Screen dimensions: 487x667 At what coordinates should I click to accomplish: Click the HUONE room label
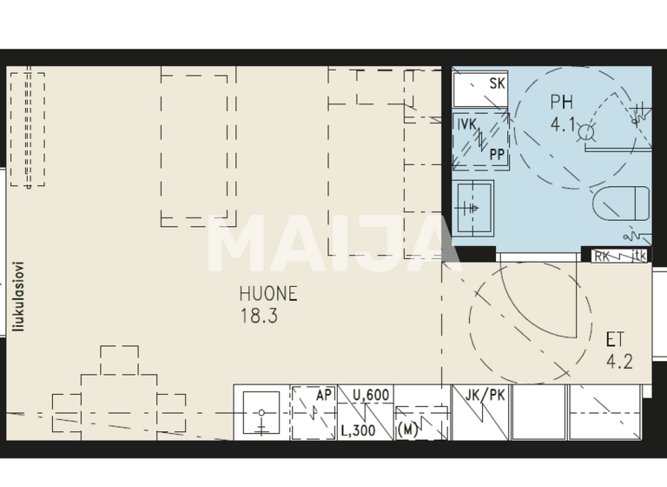tap(268, 294)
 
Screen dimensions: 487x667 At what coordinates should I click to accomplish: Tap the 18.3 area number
tap(259, 316)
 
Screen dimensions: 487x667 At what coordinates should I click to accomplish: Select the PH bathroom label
tap(561, 102)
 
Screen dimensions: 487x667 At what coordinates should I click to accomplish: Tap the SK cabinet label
tap(498, 84)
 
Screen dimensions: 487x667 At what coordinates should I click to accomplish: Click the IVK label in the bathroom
tap(468, 124)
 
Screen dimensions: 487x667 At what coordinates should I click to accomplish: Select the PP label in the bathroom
tap(498, 154)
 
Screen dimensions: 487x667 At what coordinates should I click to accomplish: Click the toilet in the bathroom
tap(622, 204)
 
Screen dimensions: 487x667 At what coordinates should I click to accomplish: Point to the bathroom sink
tap(473, 208)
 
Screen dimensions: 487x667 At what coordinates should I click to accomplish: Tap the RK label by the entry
tap(602, 256)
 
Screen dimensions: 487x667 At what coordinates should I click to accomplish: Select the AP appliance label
tap(324, 396)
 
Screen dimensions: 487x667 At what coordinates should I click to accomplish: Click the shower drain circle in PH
tap(586, 132)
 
